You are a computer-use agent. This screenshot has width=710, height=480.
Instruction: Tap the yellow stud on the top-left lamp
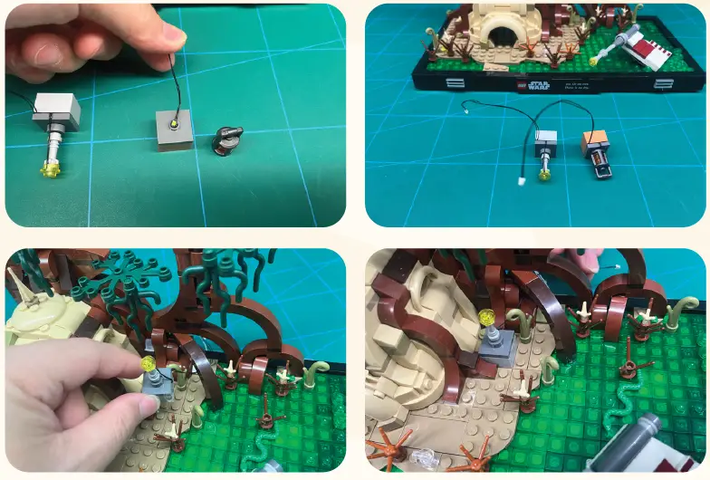coord(48,167)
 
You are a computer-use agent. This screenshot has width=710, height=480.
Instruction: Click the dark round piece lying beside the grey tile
coord(228,140)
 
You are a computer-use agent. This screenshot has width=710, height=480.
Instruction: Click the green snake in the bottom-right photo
coord(625,398)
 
